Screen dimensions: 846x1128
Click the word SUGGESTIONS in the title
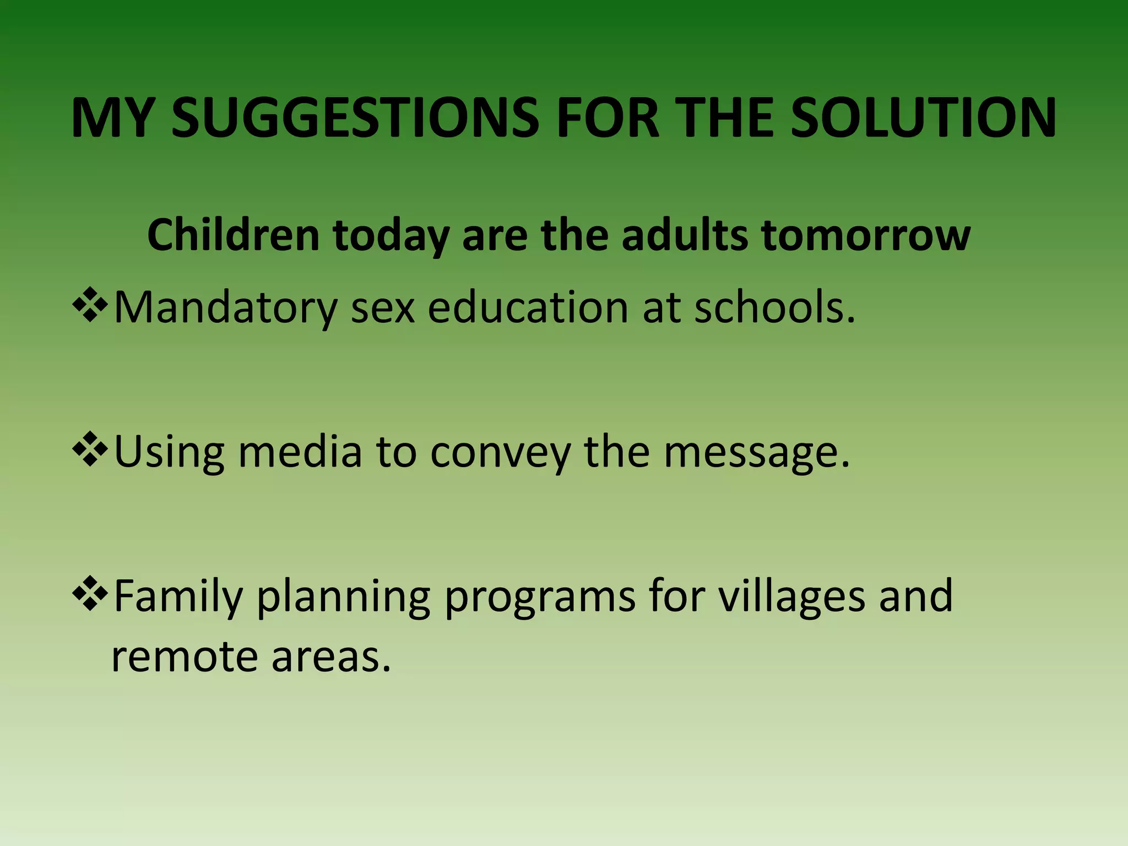(355, 118)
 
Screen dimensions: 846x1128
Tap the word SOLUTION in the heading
(923, 118)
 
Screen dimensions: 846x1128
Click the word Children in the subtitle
(233, 235)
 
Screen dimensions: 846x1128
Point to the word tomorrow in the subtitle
(865, 235)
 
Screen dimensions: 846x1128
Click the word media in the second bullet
(300, 452)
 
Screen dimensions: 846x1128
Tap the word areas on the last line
(330, 658)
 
